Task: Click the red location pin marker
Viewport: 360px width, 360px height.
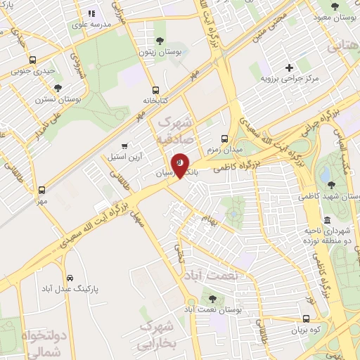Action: point(181,165)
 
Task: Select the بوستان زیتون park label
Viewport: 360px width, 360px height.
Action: point(155,52)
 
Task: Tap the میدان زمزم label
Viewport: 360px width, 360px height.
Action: point(224,149)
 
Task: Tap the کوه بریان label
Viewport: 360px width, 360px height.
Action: point(308,328)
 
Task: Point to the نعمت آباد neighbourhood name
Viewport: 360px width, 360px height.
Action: point(221,276)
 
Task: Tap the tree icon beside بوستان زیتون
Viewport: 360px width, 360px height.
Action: point(160,40)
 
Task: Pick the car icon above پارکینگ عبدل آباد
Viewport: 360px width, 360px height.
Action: point(69,276)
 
